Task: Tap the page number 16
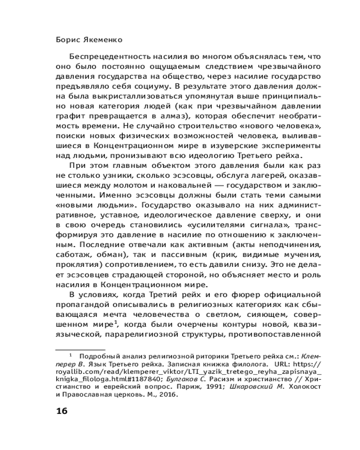[x=61, y=411]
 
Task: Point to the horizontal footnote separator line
[x=80, y=349]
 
